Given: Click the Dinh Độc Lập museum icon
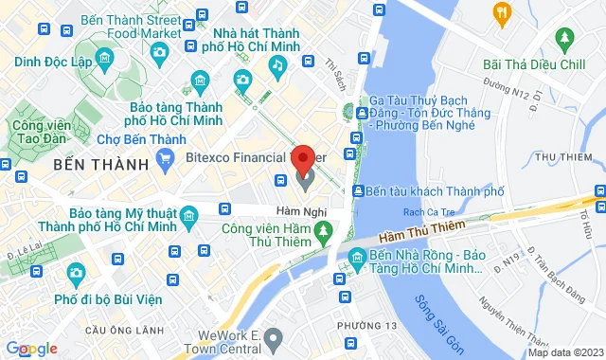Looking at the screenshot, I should (x=105, y=60).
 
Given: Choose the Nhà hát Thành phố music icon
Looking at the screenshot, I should (x=277, y=65).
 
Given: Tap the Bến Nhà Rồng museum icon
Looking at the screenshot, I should (x=356, y=257).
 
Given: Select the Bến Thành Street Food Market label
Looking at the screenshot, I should (x=130, y=27).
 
